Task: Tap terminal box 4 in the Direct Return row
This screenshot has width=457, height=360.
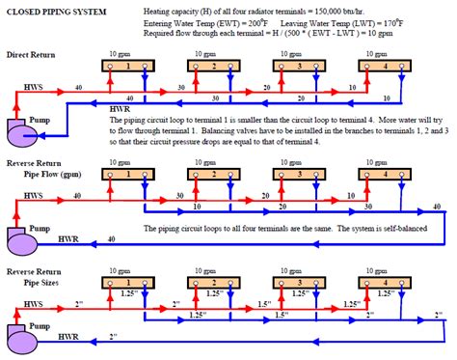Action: [384, 67]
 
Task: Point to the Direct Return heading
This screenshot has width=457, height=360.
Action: [30, 55]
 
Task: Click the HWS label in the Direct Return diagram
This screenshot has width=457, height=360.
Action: [33, 86]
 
